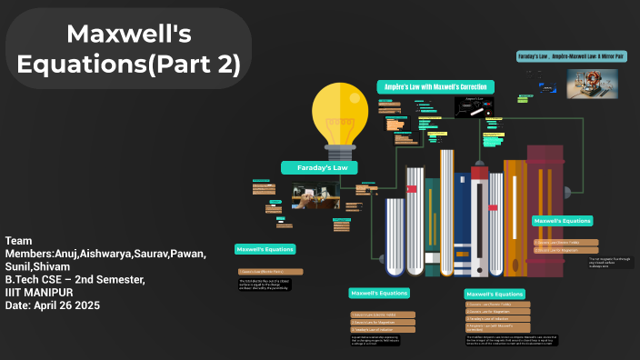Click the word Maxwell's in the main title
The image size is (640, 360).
pos(129,35)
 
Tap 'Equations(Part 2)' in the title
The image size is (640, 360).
pos(129,65)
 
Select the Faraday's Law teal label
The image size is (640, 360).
pos(320,167)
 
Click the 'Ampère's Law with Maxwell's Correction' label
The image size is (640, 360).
pos(435,86)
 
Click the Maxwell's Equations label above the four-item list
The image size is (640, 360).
pos(495,295)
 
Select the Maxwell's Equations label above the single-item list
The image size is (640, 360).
pos(265,249)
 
